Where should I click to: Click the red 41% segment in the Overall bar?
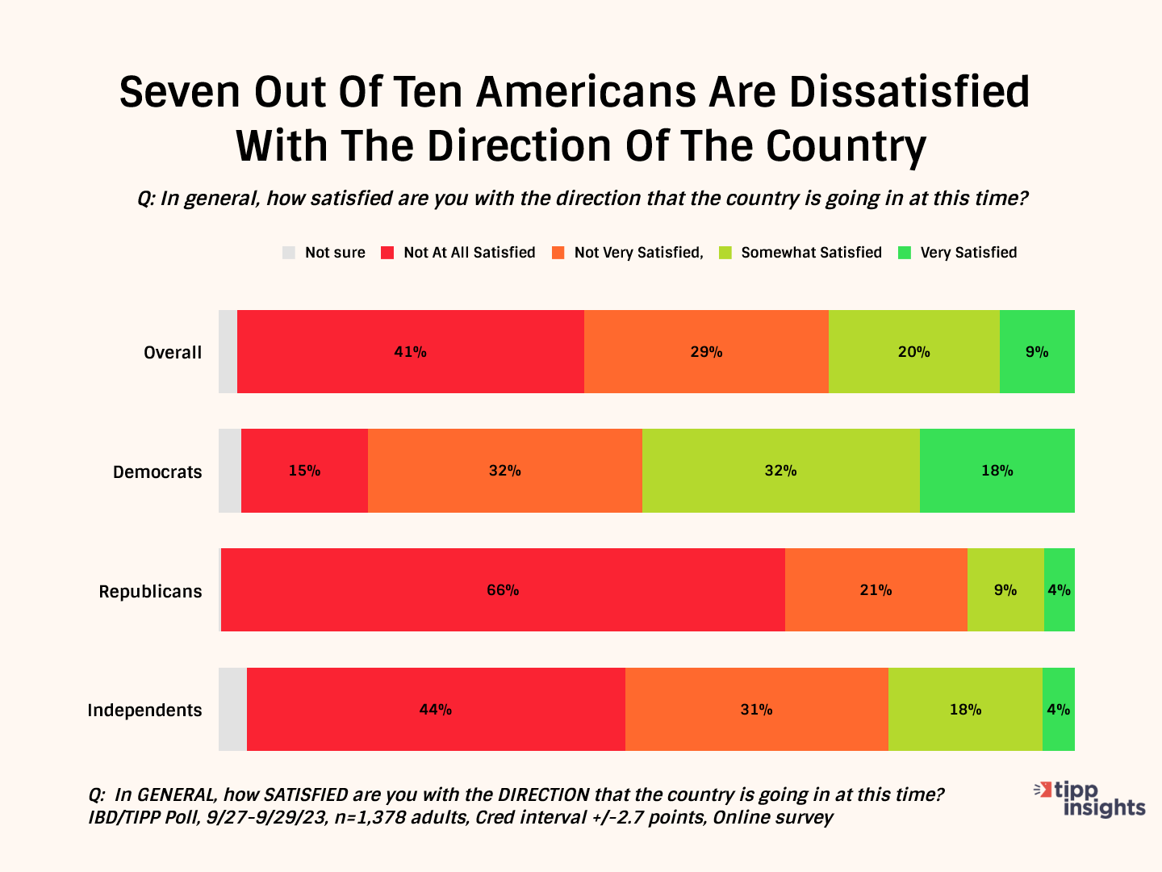point(410,352)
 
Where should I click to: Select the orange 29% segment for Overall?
point(706,352)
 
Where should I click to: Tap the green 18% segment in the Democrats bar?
point(997,471)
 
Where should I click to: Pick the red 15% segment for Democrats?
point(304,471)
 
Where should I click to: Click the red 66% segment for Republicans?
point(502,590)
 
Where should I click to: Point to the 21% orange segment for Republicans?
point(876,590)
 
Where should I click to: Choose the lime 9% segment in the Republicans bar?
point(1005,590)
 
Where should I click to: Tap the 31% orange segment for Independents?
point(756,710)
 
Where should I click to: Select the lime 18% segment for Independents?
point(965,710)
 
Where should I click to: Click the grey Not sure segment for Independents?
point(232,710)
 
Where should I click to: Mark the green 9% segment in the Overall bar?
point(1037,352)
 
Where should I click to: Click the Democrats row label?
point(157,472)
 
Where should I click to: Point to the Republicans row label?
point(150,592)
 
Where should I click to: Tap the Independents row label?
point(144,711)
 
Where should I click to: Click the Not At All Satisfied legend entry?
point(469,253)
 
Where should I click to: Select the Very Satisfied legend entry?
point(968,253)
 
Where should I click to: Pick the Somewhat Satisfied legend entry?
point(811,253)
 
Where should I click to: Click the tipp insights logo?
point(1092,799)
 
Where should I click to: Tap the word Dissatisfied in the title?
point(909,92)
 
